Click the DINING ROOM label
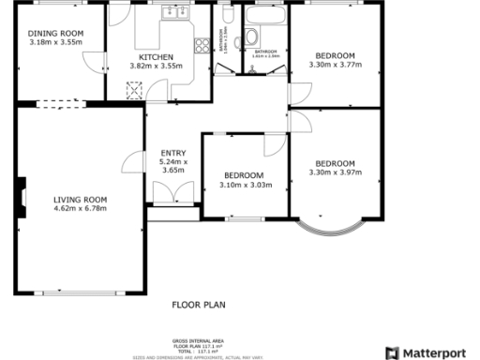click(55, 34)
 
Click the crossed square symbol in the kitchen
click(134, 89)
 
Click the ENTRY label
click(173, 153)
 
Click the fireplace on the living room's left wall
click(18, 199)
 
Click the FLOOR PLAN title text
click(199, 305)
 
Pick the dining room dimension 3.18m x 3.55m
click(55, 42)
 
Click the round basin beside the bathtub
click(253, 38)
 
